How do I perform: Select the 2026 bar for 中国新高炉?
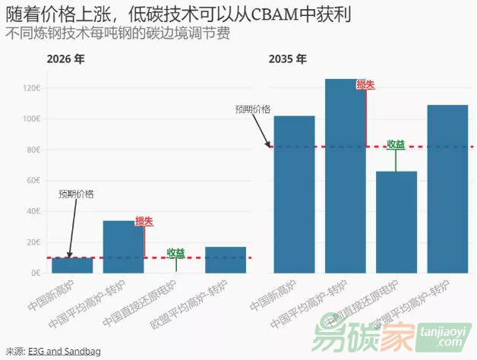point(72,265)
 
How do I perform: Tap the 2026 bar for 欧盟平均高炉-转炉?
point(226,260)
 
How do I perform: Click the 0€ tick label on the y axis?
point(36,273)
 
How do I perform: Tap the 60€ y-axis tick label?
point(33,181)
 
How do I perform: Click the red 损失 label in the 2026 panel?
point(144,221)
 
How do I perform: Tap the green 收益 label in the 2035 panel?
point(396,144)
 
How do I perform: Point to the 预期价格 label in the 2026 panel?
point(76,194)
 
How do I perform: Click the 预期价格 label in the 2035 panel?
point(253,109)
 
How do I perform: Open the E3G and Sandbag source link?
point(64,351)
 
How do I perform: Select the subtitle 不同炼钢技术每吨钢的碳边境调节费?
point(117,34)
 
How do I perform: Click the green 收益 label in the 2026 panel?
point(175,252)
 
